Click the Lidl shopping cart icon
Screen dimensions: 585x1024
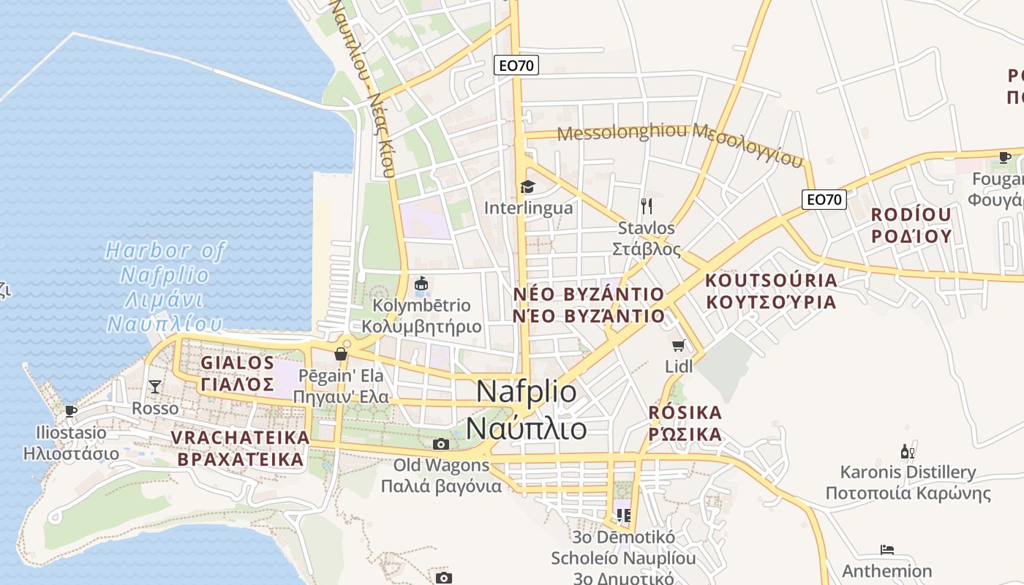(678, 345)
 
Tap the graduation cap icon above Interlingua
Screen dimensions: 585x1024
(527, 186)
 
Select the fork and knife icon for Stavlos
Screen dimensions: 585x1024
(646, 206)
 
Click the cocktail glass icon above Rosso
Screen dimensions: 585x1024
(155, 386)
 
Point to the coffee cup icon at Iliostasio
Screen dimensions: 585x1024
(71, 411)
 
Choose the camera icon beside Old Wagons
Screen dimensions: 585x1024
(440, 444)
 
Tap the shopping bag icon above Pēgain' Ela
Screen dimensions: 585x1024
(341, 355)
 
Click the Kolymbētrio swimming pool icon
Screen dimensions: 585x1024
(421, 283)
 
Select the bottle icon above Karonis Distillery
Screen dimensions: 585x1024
(908, 451)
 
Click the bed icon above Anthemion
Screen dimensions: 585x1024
(887, 550)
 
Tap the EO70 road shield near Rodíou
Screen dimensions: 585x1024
(824, 199)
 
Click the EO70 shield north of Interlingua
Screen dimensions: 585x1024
(516, 65)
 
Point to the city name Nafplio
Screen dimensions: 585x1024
(527, 392)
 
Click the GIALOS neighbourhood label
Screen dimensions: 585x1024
(238, 363)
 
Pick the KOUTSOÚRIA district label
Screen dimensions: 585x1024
(771, 281)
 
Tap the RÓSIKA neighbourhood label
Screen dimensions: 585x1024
(685, 412)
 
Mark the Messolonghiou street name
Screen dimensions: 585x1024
(623, 133)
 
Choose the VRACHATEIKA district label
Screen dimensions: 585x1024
(240, 437)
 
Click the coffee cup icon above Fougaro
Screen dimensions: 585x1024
(1005, 157)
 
